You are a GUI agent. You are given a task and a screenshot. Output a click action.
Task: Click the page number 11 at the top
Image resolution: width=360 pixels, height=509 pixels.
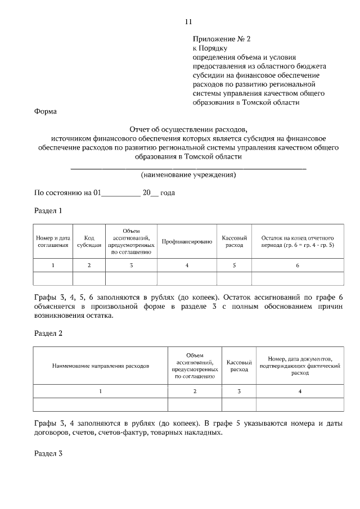pyautogui.click(x=188, y=22)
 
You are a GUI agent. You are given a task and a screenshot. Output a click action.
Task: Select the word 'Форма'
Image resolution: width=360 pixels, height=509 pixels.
pyautogui.click(x=46, y=111)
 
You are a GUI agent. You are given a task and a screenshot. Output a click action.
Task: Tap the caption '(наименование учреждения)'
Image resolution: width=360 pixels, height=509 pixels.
pyautogui.click(x=188, y=175)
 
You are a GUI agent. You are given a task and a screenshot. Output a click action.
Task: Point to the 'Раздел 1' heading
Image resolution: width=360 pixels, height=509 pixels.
pyautogui.click(x=48, y=211)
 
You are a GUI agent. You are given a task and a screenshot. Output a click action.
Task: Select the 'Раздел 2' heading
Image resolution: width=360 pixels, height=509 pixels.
pyautogui.click(x=48, y=333)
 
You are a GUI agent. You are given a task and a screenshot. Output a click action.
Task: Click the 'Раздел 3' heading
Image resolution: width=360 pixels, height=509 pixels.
pyautogui.click(x=48, y=453)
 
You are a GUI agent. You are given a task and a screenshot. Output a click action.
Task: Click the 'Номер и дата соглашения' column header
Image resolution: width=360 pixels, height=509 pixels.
pyautogui.click(x=53, y=242)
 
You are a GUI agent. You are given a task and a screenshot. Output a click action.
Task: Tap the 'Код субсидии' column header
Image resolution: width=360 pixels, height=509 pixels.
pyautogui.click(x=89, y=242)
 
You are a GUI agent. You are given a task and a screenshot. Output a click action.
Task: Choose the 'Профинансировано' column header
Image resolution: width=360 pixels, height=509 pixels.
pyautogui.click(x=187, y=242)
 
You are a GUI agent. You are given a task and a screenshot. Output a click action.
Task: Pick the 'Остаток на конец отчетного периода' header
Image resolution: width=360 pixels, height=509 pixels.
pyautogui.click(x=298, y=242)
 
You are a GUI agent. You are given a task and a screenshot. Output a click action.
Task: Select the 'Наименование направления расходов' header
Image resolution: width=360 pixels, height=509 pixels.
pyautogui.click(x=101, y=366)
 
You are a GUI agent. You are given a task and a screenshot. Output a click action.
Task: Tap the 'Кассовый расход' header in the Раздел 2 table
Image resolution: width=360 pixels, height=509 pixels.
pyautogui.click(x=238, y=366)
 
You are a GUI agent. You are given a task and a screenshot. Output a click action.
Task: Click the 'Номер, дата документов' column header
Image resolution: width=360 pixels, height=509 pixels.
pyautogui.click(x=300, y=366)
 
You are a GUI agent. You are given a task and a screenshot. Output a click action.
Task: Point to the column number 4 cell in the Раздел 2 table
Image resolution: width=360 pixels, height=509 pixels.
pyautogui.click(x=300, y=391)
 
